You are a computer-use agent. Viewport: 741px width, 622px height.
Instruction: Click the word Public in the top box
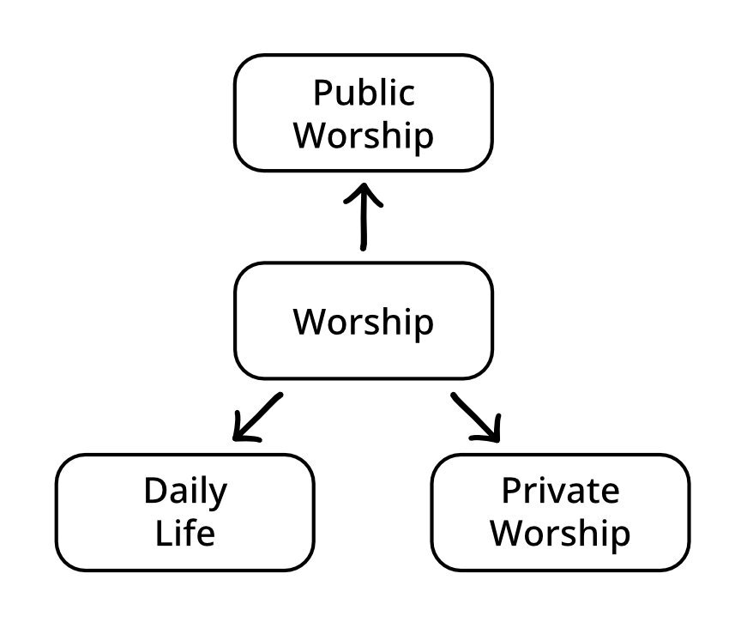(x=363, y=94)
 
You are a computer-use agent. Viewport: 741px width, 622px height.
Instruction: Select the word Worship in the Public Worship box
(x=363, y=136)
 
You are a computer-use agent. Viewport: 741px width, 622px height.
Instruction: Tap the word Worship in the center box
(x=363, y=322)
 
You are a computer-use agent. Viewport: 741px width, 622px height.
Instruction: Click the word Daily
(x=185, y=492)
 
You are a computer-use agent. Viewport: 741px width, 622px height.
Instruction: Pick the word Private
(x=560, y=492)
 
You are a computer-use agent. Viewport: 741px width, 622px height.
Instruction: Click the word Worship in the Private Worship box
(x=560, y=534)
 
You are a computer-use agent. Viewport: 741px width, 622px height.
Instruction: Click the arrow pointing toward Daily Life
(x=257, y=418)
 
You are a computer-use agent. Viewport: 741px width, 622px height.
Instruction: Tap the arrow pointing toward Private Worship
(x=475, y=418)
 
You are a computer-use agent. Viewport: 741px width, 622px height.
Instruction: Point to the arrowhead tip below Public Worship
(x=363, y=185)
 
